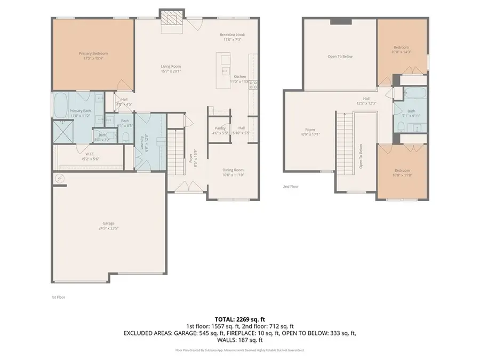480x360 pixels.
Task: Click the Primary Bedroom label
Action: [93, 53]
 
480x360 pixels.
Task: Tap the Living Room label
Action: [171, 67]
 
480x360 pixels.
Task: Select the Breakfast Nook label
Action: [232, 35]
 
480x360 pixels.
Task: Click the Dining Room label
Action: [233, 170]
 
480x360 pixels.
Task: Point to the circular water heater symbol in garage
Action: [59, 179]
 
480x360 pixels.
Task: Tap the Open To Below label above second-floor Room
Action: [340, 56]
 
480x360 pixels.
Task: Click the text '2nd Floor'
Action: [291, 187]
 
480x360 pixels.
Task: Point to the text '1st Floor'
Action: [58, 297]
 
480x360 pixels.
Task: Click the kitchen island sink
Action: [225, 70]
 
